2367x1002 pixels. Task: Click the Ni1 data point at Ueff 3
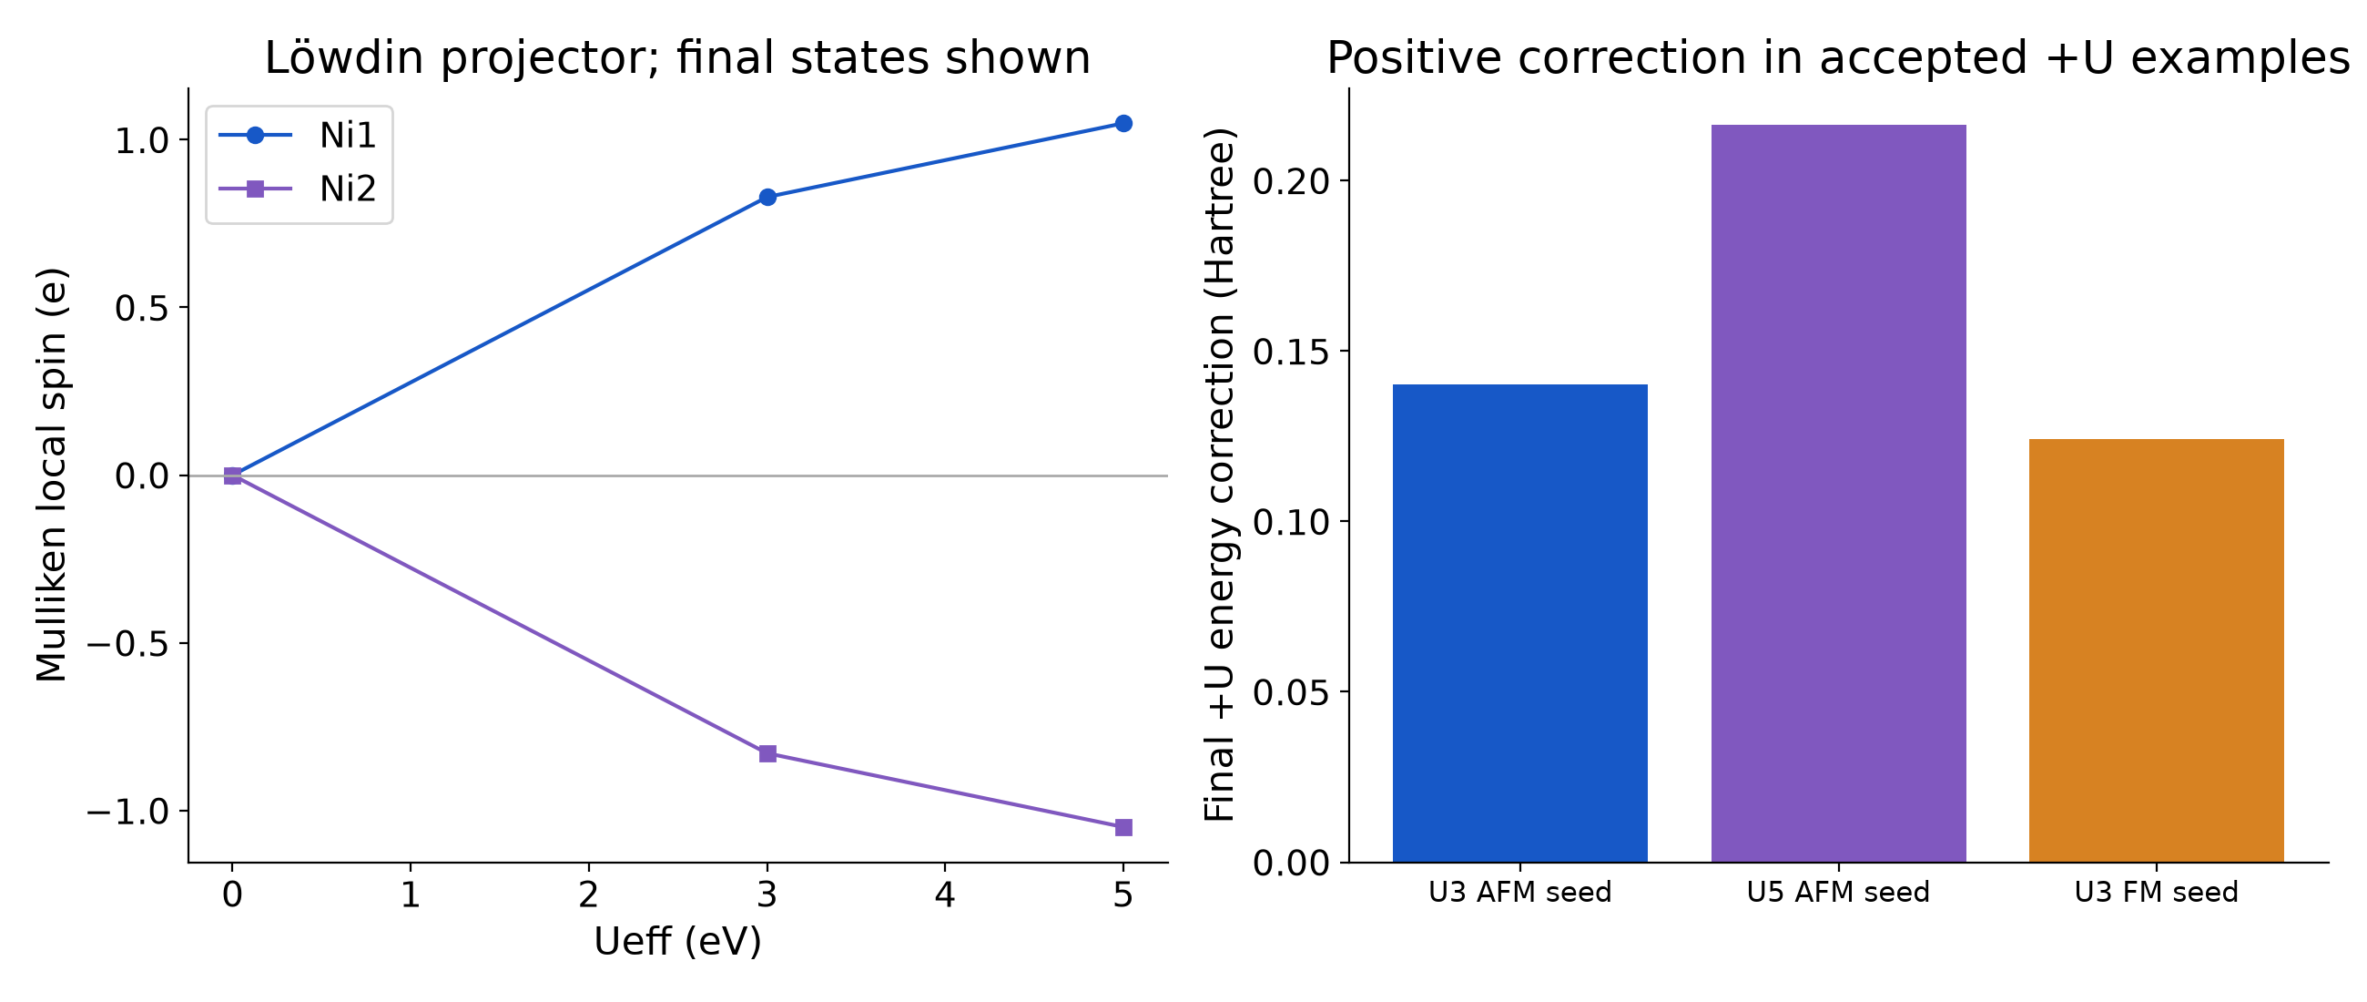click(767, 197)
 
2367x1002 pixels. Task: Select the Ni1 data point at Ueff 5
click(1123, 123)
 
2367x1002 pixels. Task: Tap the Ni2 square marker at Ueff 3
click(767, 754)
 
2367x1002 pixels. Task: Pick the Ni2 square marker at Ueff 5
click(1123, 827)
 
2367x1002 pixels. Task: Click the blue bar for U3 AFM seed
click(1519, 623)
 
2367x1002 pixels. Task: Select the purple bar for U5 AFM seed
click(1838, 494)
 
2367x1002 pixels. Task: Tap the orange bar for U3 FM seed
click(2156, 650)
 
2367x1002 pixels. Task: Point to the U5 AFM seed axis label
click(1838, 892)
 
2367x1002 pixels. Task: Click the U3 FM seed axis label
click(2156, 892)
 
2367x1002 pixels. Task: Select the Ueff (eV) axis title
click(678, 941)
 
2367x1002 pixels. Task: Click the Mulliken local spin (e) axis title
click(52, 475)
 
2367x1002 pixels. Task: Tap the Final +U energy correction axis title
click(1219, 475)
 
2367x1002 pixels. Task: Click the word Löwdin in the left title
click(343, 58)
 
